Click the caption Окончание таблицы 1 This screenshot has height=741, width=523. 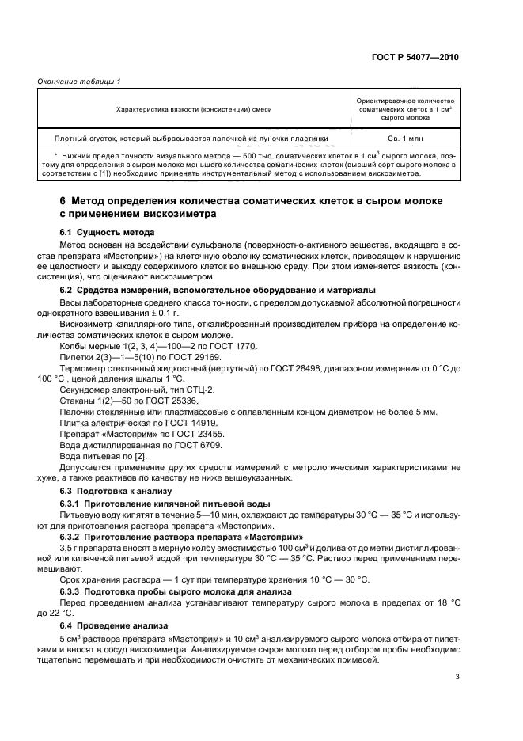coord(74,82)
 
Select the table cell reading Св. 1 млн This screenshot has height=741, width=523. coord(404,137)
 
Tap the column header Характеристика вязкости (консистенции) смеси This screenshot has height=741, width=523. coord(194,108)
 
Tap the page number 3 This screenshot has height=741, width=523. coord(457,676)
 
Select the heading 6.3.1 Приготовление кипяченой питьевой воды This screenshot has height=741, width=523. coord(165,503)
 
